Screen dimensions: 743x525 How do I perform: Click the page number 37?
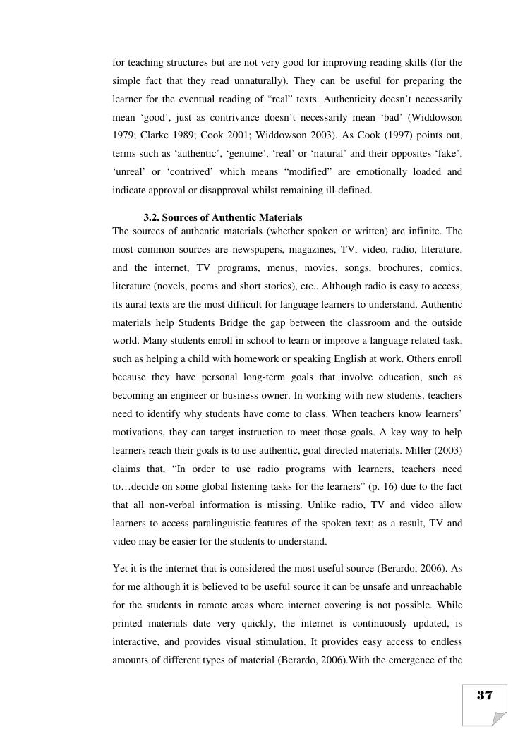tap(484, 696)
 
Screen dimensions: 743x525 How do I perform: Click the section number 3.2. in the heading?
tap(151, 218)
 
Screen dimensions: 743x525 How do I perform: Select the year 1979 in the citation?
tap(123, 135)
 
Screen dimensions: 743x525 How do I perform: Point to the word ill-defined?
tap(350, 190)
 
